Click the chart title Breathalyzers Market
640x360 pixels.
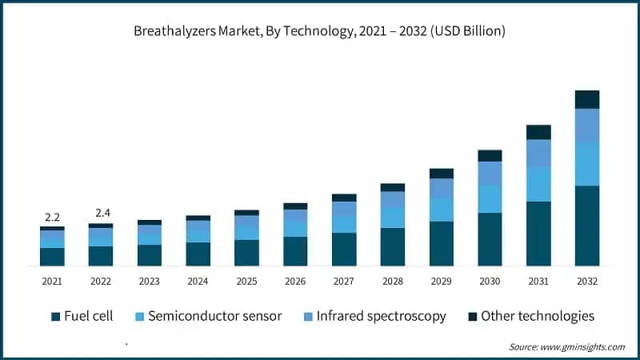click(x=319, y=31)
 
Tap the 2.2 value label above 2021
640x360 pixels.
click(x=52, y=217)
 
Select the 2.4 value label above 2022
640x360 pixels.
click(x=101, y=213)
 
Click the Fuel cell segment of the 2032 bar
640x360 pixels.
click(x=586, y=226)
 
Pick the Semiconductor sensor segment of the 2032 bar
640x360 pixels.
click(x=586, y=164)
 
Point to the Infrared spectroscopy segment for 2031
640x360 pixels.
click(x=538, y=153)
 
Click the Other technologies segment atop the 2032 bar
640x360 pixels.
click(x=586, y=99)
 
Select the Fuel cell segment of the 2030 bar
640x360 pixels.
click(x=490, y=239)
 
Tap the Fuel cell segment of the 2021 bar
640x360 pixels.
click(x=52, y=257)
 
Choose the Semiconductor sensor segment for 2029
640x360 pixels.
click(x=441, y=210)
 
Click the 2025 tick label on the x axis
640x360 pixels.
click(x=246, y=282)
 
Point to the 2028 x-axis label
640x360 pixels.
click(x=392, y=282)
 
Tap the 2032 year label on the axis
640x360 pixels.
click(x=586, y=282)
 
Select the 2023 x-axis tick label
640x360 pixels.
click(x=149, y=282)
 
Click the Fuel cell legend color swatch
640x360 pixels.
click(x=55, y=317)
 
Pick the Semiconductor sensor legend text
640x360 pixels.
click(x=214, y=316)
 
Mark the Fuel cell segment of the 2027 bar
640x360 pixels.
click(x=344, y=250)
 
